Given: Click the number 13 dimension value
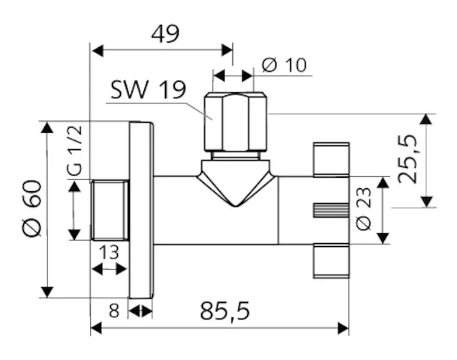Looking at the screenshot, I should click(109, 253).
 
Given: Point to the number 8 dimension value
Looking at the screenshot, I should click(114, 308).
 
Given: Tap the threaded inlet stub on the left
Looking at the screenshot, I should click(110, 211).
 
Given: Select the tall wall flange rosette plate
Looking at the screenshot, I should click(141, 210).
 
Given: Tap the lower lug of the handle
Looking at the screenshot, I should click(330, 262).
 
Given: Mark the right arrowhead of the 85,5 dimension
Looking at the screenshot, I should click(345, 328).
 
